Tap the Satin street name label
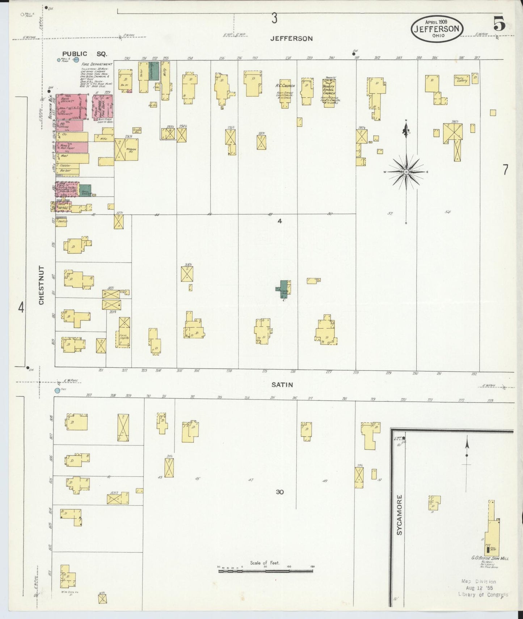point(283,384)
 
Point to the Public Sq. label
point(84,54)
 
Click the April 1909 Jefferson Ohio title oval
point(437,28)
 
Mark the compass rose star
point(406,172)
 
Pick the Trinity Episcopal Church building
point(329,90)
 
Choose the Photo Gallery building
point(462,80)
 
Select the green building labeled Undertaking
point(155,71)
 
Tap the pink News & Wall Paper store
point(72,147)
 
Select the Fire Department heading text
point(97,64)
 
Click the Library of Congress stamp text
point(483,594)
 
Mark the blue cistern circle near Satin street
point(57,391)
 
